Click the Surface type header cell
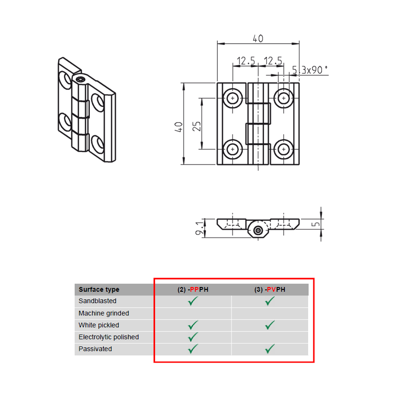99,289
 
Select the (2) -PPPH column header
193,289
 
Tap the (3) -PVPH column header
270,289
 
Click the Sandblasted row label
97,301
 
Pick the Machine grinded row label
104,313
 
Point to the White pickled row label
99,325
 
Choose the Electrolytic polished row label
108,337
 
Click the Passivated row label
95,349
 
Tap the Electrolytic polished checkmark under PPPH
193,337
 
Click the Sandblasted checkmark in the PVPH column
270,301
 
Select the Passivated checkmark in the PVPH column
270,349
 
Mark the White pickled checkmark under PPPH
193,325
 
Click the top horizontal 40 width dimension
258,38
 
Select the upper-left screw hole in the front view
233,98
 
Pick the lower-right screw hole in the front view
284,149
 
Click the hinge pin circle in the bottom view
258,230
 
